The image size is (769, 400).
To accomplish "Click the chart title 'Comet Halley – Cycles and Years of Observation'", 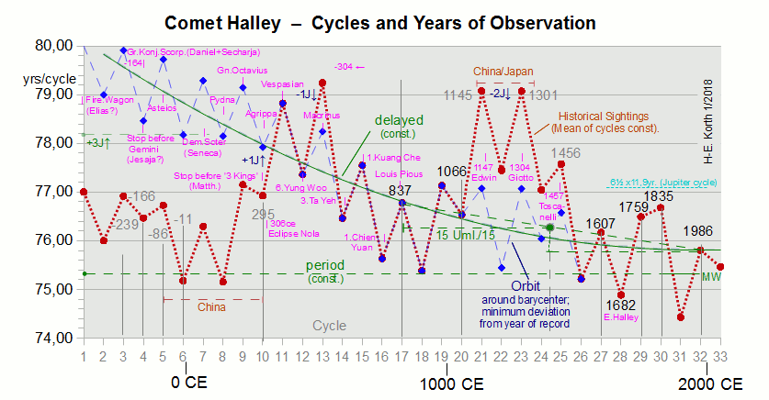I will (x=379, y=20).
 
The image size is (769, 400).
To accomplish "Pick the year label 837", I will (x=401, y=190).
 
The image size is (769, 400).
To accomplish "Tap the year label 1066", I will (x=451, y=172).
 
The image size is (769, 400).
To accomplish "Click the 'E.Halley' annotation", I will (x=620, y=318).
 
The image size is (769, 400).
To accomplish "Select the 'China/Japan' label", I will (x=503, y=71).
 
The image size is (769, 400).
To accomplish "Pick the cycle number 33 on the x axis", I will (x=721, y=356).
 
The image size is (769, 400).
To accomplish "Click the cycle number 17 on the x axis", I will (x=401, y=356).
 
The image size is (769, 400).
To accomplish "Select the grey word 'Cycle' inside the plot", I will (x=330, y=326).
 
